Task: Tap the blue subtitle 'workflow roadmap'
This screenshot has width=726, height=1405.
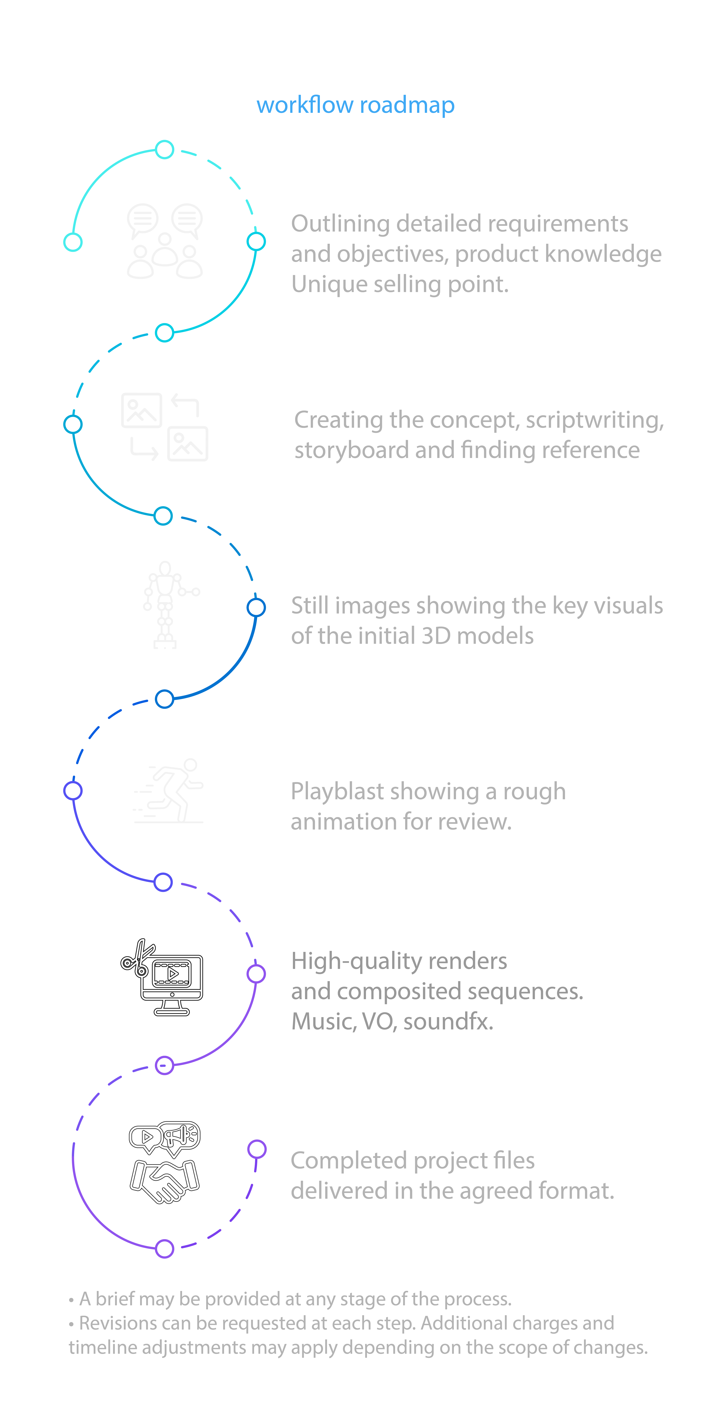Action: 355,105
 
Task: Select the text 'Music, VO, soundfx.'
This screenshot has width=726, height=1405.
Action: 392,1021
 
